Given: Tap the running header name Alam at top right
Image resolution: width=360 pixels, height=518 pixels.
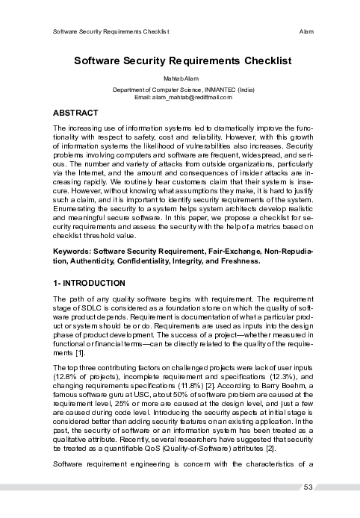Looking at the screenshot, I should pos(305,33).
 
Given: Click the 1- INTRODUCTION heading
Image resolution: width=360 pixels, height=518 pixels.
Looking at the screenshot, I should pos(85,284).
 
